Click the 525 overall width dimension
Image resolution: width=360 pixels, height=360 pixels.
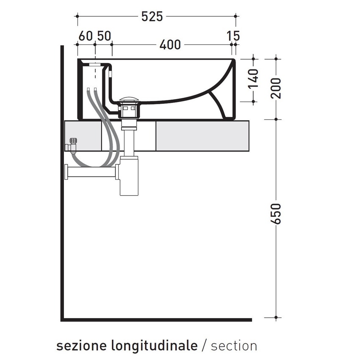(x=152, y=17)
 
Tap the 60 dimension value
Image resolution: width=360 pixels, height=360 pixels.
(x=85, y=36)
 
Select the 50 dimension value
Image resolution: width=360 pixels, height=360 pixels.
(x=103, y=36)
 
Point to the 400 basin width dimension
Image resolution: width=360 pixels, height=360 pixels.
(x=170, y=44)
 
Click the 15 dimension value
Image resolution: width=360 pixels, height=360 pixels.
(x=233, y=36)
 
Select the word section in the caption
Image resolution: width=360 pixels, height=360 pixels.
(x=234, y=346)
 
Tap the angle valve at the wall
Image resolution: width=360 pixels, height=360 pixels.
(x=72, y=144)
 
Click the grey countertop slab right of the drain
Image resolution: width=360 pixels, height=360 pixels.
(x=202, y=135)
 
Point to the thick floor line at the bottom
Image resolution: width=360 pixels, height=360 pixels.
(x=157, y=319)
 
